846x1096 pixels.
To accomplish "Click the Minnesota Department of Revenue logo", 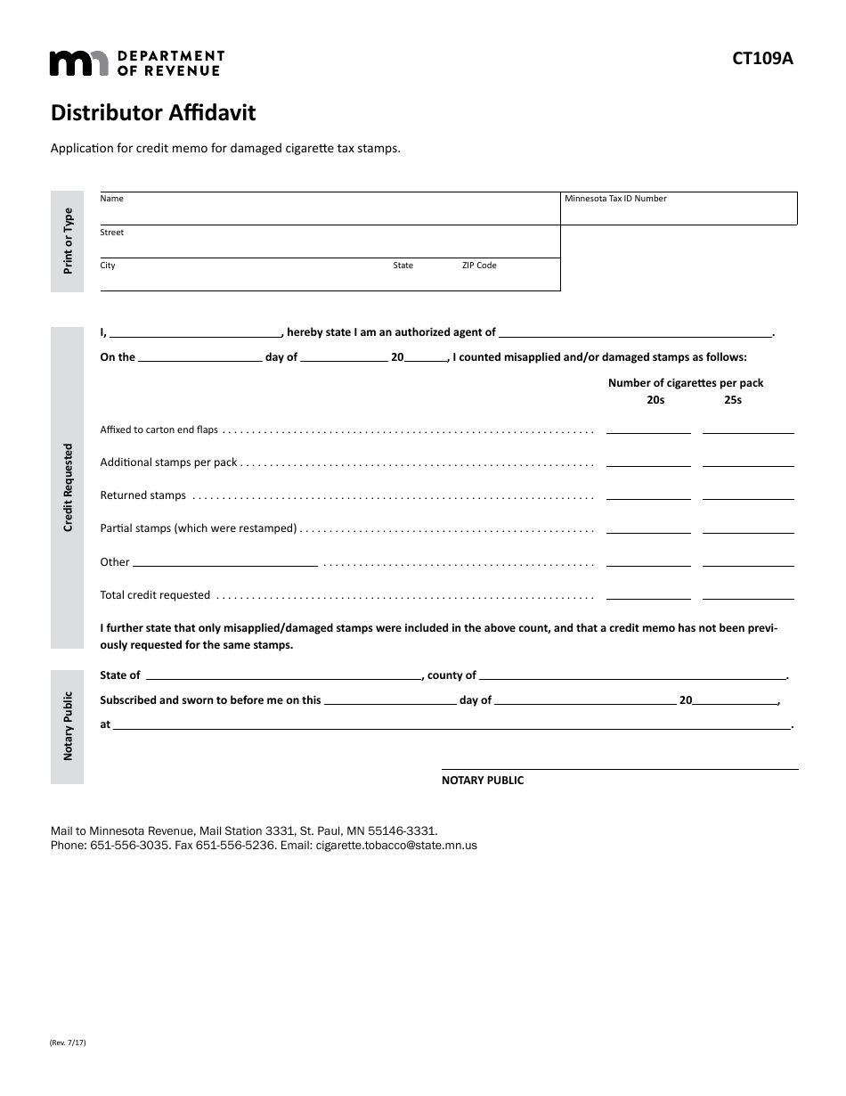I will point(136,62).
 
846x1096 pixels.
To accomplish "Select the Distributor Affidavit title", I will point(153,113).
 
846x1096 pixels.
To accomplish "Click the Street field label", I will point(111,233).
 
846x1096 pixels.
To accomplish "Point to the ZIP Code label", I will point(479,266).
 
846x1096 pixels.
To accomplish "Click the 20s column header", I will point(655,400).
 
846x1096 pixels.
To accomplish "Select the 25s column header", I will point(732,400).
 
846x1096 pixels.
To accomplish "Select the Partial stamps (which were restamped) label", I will point(199,528).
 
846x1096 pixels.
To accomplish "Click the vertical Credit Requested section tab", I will point(68,487).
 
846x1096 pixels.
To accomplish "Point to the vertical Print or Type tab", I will point(68,241).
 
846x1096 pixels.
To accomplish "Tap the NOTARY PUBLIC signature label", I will point(483,781).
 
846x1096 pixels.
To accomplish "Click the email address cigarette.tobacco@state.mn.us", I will point(396,845).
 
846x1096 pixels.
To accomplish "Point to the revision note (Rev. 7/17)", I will point(69,1042).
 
